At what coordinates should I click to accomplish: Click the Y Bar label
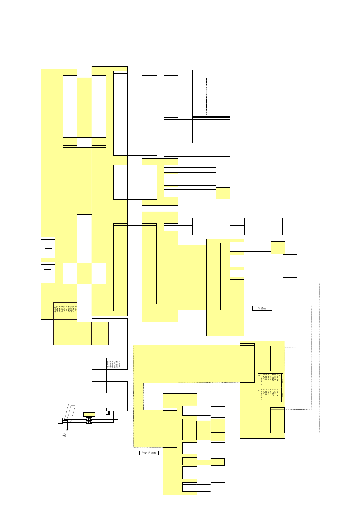click(262, 308)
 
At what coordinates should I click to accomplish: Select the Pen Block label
click(149, 453)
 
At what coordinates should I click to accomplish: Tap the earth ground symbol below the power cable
click(64, 435)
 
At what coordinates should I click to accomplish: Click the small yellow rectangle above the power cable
click(89, 414)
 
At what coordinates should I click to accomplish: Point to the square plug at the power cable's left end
click(59, 420)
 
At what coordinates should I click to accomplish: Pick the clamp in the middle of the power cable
click(89, 420)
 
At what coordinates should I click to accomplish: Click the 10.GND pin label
click(55, 309)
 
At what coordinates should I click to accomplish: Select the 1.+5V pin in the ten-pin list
click(75, 308)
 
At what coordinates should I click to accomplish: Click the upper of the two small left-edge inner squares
click(48, 246)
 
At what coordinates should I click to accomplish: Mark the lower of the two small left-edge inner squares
click(47, 272)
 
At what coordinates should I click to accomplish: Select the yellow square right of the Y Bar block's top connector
click(278, 248)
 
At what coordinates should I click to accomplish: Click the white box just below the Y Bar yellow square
click(290, 266)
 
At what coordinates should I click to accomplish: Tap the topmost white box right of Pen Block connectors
click(218, 411)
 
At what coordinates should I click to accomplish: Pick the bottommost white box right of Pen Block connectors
click(218, 488)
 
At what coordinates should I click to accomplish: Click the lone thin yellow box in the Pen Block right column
click(218, 462)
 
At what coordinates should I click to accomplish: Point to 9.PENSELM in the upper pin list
click(261, 380)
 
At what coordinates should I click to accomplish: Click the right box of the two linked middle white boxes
click(263, 226)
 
